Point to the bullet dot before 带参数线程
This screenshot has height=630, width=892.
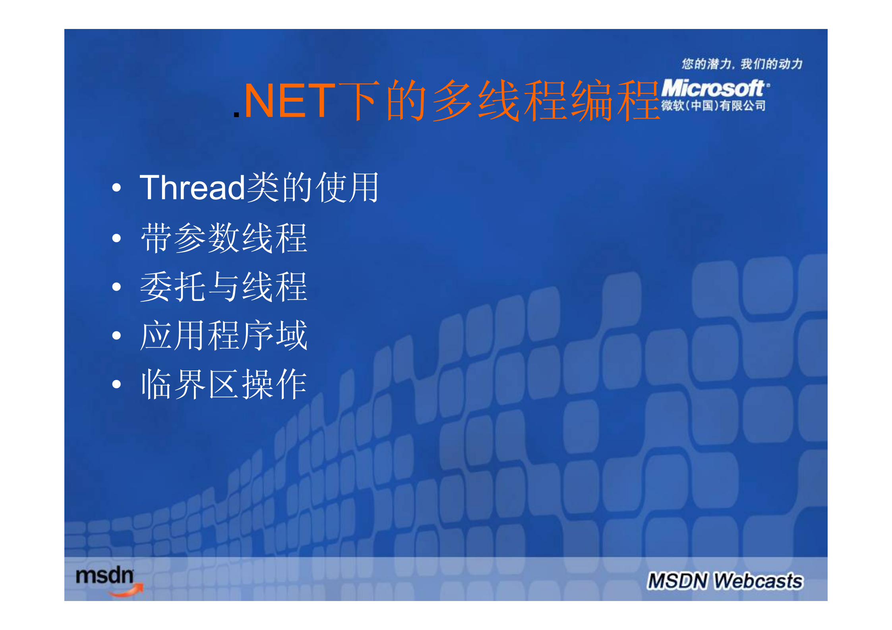click(116, 238)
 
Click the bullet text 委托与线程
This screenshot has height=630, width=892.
click(224, 287)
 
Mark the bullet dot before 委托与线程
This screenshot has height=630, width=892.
click(116, 287)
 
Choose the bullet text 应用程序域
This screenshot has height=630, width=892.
click(224, 335)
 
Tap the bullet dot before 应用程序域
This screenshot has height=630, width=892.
click(116, 335)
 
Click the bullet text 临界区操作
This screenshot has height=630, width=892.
click(224, 384)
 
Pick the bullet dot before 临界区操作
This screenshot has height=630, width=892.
click(116, 384)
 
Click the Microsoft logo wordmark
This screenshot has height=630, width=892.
click(713, 88)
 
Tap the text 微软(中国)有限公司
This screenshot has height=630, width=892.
click(713, 106)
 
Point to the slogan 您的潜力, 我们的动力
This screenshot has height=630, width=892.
click(742, 64)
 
